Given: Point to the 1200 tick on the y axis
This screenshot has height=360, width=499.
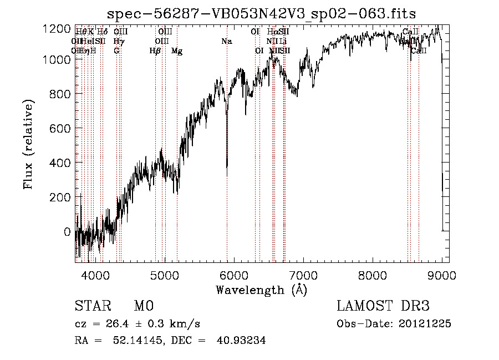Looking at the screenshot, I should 60,28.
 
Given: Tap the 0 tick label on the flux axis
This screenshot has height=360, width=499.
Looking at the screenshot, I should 67,232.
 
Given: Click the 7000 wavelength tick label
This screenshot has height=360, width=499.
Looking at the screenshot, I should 303,275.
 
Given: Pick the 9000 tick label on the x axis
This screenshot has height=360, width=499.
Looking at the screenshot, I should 442,275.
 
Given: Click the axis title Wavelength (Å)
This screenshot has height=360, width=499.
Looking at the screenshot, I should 261,290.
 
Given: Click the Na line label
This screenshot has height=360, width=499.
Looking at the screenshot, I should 226,41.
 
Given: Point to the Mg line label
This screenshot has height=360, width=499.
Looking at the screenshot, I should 177,51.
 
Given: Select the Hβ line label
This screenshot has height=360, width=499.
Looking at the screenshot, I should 155,51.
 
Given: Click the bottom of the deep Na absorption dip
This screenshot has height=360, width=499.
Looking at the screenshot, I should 227,167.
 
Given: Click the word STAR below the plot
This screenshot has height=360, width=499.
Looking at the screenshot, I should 91,306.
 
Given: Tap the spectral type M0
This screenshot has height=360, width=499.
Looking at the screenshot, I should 143,306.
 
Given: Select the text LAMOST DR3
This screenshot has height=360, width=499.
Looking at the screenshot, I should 383,306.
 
